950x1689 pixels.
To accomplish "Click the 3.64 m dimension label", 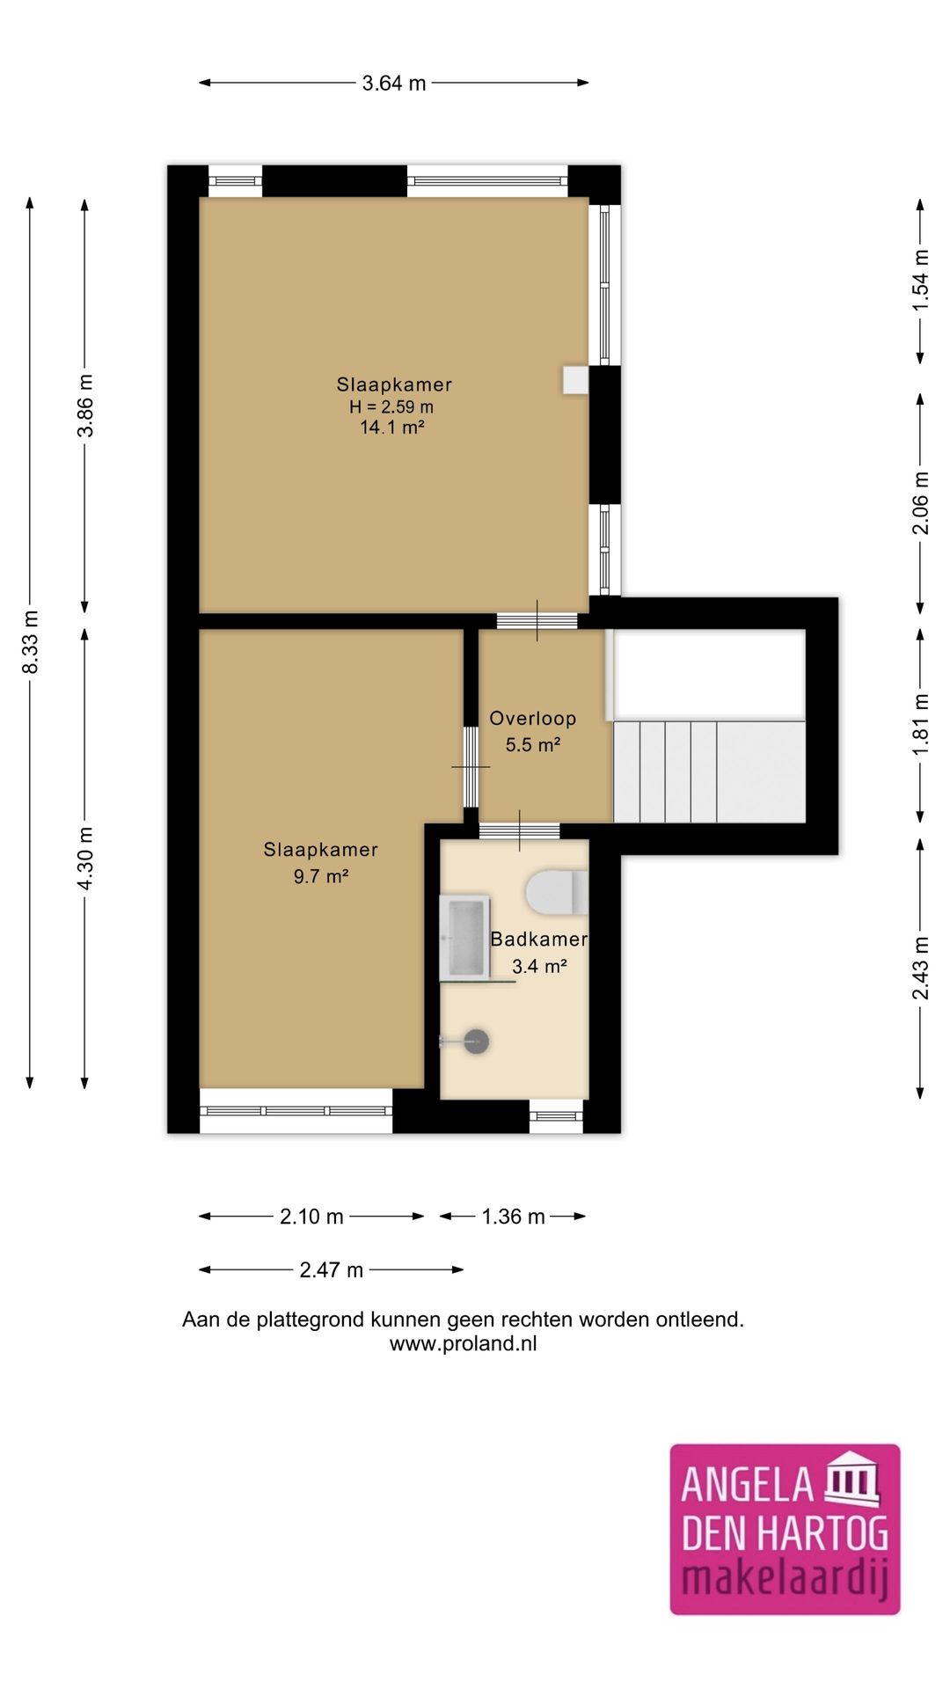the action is coord(394,83).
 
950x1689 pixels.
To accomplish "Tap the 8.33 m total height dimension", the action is coord(31,642).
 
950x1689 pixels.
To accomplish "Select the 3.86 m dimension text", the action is coord(85,406).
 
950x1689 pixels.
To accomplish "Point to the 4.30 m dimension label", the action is coord(85,859).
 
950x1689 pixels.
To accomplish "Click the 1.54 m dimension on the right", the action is coord(920,280).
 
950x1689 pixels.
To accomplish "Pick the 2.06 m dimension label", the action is coord(920,503).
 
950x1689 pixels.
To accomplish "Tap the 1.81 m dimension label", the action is coord(920,725).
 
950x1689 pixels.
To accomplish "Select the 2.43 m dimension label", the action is coord(920,969).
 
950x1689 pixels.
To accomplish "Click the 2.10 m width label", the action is coord(311,1217).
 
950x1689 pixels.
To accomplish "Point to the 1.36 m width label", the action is coord(514,1217).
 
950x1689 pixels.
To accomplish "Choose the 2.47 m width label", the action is coord(332,1270).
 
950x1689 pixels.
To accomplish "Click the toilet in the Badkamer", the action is coord(558,892).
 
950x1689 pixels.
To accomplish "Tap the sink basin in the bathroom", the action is coord(464,937).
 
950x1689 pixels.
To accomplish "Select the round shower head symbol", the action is coord(477,1042).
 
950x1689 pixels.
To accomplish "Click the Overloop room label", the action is coord(533,719).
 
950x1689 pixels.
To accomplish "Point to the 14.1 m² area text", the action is coord(392,428).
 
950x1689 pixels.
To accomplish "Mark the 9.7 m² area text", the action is coord(321,876).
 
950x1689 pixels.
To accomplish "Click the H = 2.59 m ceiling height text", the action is coord(391,406).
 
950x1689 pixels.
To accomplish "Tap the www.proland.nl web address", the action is coord(464,1344).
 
